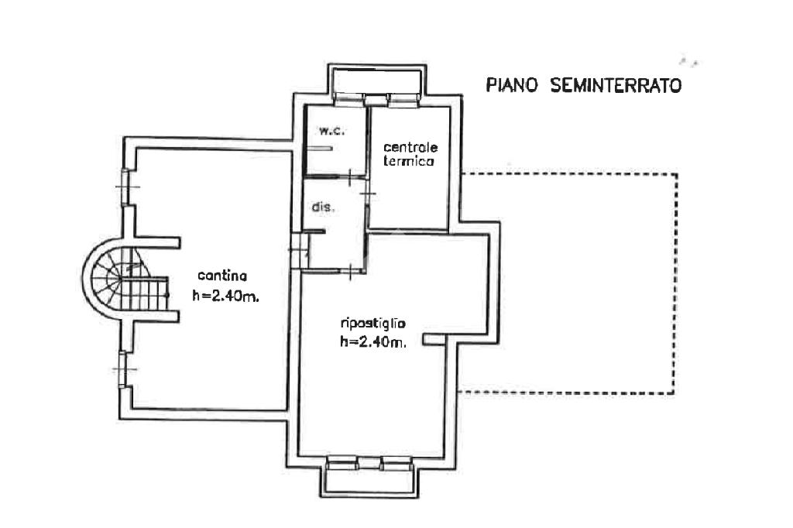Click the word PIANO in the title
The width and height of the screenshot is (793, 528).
pyautogui.click(x=511, y=85)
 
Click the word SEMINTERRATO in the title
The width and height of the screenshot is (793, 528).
pyautogui.click(x=616, y=85)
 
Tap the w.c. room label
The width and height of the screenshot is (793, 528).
pyautogui.click(x=331, y=131)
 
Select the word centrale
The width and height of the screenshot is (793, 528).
pyautogui.click(x=410, y=147)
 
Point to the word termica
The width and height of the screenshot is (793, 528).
pyautogui.click(x=408, y=161)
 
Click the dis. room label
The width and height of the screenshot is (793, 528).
pyautogui.click(x=323, y=207)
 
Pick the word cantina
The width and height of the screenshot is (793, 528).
pyautogui.click(x=222, y=276)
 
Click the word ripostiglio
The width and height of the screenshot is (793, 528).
pyautogui.click(x=372, y=323)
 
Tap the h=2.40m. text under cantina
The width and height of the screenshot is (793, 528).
pyautogui.click(x=225, y=296)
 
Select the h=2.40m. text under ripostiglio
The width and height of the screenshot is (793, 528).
pyautogui.click(x=374, y=342)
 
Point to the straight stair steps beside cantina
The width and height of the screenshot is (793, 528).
pyautogui.click(x=145, y=294)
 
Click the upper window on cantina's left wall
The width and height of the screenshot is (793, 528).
pyautogui.click(x=125, y=187)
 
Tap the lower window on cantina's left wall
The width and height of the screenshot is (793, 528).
pyautogui.click(x=122, y=369)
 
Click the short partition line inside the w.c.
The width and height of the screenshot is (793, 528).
pyautogui.click(x=319, y=149)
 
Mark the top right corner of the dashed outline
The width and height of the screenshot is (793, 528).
pyautogui.click(x=677, y=174)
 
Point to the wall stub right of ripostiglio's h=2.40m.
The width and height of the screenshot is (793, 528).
pyautogui.click(x=434, y=339)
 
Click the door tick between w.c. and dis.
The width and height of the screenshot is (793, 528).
pyautogui.click(x=350, y=177)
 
